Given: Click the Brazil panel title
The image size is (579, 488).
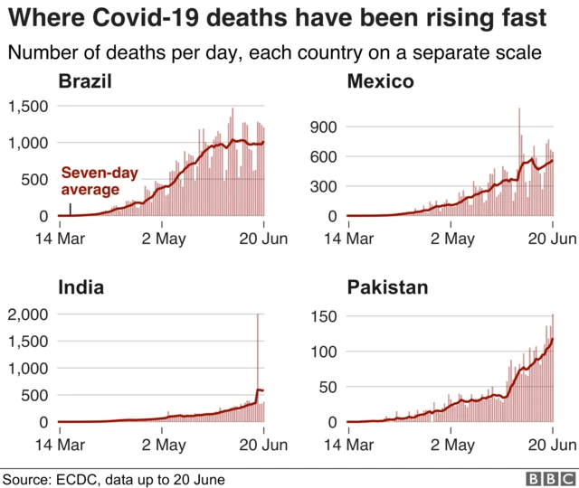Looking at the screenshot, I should pos(85,83).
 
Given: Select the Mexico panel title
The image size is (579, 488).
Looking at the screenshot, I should pos(381,83).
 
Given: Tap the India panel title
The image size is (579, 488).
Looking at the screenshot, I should pos(81,288).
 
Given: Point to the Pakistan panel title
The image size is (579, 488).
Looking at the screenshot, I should pos(388,288).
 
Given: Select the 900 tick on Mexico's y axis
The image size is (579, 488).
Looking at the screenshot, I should pos(325,127).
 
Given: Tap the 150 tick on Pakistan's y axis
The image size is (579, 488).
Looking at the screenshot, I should pos(325,316).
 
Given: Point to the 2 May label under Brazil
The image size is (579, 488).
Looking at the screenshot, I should pos(164,239).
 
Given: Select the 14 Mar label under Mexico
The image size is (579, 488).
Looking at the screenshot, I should pos(348,239).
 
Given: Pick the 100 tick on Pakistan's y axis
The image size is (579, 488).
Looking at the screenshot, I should pos(325,352).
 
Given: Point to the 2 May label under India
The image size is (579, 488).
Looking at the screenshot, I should pos(164,445).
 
